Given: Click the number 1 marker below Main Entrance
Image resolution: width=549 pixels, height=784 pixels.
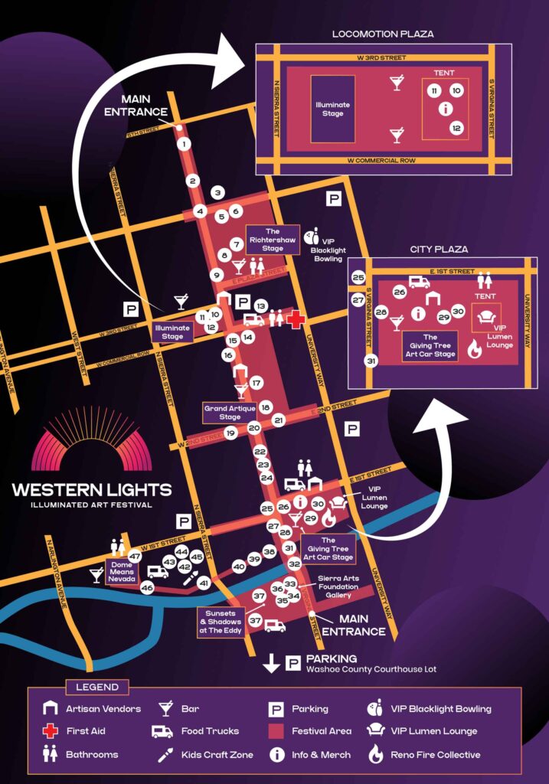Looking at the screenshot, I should (183, 143).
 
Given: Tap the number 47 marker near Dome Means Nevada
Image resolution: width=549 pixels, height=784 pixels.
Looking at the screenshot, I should (135, 557).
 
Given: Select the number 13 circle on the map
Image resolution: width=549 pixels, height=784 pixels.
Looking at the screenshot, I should (260, 305).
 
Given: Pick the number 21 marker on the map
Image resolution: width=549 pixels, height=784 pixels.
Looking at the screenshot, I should (278, 420).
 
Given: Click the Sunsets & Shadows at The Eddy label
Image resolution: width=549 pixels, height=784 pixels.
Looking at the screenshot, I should (221, 621).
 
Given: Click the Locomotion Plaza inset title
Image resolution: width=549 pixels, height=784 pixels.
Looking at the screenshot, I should (383, 34).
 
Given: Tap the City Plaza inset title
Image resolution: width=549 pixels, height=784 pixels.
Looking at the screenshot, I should (439, 250).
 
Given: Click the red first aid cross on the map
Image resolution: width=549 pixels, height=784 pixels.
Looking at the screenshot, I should (295, 319).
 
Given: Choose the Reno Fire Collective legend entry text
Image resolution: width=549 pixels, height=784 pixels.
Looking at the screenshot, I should (435, 754).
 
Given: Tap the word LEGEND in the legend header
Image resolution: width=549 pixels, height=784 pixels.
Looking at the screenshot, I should (97, 687).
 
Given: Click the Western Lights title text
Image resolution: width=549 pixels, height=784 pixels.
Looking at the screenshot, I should (92, 489).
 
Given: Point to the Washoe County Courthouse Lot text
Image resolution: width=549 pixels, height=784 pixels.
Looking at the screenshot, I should (371, 669).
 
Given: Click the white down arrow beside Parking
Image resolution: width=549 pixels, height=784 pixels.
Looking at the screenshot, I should (271, 663).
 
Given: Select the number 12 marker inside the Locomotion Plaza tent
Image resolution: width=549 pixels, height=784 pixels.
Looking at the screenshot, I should (456, 128).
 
